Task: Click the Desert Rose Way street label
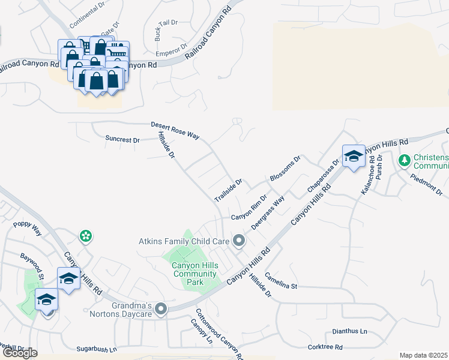(175, 131)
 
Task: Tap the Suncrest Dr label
(122, 139)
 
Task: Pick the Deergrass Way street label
(268, 214)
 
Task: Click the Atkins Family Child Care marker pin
(239, 241)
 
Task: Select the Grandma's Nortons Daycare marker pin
(160, 310)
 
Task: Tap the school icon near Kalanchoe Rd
(354, 156)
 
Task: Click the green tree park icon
(405, 160)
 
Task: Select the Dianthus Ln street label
(349, 331)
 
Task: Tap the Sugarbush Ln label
(97, 349)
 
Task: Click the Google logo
(20, 353)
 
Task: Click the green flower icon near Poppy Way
(86, 236)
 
